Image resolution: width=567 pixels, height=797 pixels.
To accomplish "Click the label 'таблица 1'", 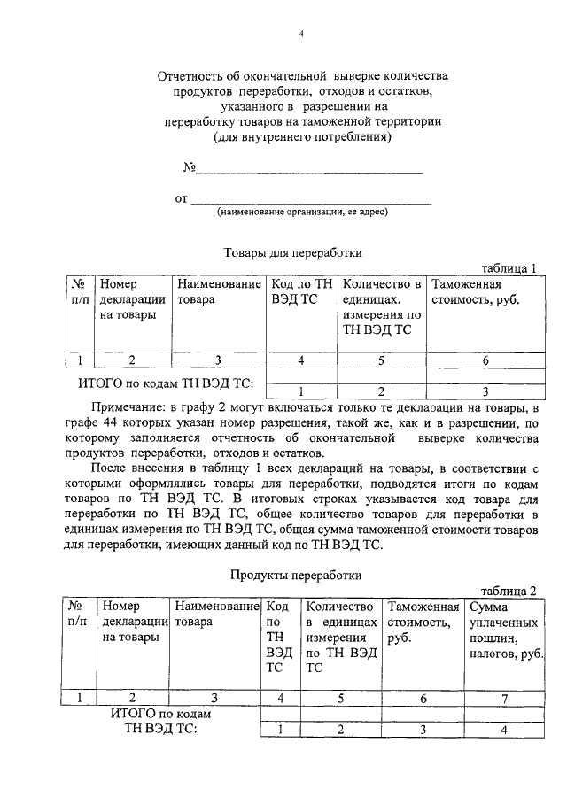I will coord(509,267).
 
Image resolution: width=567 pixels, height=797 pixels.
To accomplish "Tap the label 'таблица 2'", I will coord(509,591).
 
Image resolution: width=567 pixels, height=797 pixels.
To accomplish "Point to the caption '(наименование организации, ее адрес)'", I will coord(303,212).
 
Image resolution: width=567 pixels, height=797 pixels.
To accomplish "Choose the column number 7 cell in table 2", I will coord(504,699).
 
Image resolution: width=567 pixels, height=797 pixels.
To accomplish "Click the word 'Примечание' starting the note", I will coord(120,406).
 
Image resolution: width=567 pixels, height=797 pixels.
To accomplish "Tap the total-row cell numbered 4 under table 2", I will coord(504,730).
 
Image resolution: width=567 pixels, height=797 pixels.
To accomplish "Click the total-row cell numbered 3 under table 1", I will coord(485,391).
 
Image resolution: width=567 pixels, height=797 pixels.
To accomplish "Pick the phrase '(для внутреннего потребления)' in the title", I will coord(301,138).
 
